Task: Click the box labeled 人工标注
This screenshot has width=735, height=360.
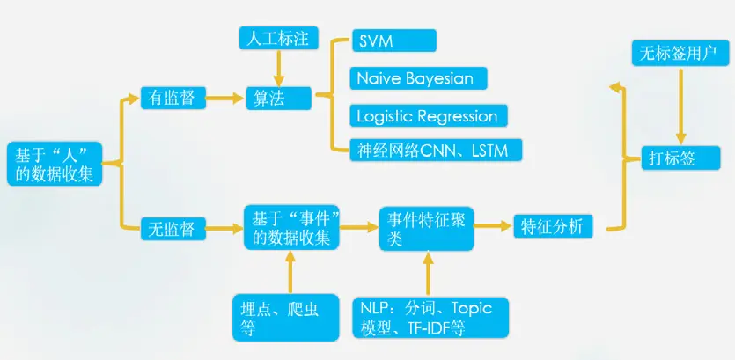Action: (277, 39)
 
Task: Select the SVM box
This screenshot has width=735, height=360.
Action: (393, 40)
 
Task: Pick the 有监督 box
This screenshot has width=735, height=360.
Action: (173, 98)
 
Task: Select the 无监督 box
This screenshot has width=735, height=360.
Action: (173, 230)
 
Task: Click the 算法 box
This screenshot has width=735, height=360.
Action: (277, 98)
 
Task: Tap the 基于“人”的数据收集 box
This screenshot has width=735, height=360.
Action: (55, 164)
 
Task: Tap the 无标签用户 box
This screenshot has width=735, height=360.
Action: (678, 55)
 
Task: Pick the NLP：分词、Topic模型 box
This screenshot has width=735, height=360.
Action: (427, 318)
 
